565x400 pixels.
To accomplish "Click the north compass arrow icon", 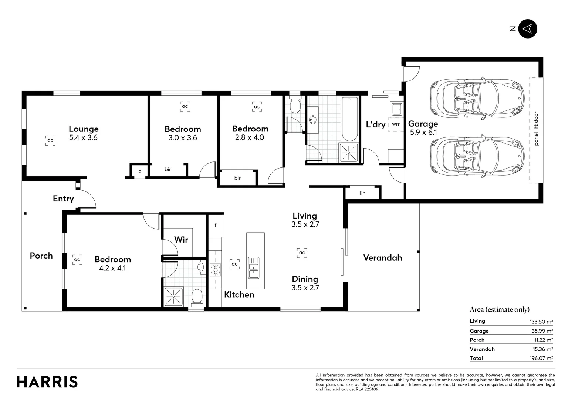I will point(527,29).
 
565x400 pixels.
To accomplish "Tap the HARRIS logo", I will point(47,382).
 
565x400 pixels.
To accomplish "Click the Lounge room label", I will point(84,129).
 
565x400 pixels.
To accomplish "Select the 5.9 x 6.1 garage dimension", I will point(423,133).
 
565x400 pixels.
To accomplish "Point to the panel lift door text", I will point(536,129).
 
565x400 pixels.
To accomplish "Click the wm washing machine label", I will point(396,124).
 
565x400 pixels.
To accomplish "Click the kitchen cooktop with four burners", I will point(215,270).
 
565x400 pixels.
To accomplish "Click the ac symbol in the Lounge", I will point(50,140).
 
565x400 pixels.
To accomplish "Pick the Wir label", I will point(181,240).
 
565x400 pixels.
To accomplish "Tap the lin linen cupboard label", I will point(362,193).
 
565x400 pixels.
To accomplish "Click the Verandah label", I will point(383,258).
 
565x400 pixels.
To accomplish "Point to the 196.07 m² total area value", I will point(541,358).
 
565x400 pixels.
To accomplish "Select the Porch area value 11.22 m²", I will point(541,340).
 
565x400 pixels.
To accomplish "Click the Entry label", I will point(63,199).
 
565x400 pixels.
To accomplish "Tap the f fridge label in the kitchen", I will point(216,225).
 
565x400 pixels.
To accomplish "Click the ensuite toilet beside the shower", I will point(197,296).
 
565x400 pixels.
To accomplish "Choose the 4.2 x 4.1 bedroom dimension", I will point(112,268).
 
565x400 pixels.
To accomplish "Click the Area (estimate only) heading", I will point(499,310).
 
